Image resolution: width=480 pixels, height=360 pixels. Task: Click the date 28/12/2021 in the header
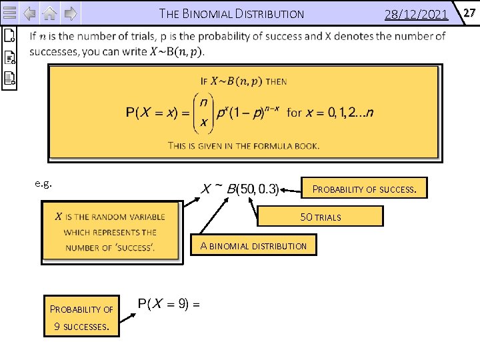[x=416, y=14]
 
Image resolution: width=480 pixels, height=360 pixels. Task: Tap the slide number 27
[x=469, y=12]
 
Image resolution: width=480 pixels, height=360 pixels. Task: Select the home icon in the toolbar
[x=51, y=13]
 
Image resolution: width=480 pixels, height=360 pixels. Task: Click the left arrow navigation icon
[x=29, y=13]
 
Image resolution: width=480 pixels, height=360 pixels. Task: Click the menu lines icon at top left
[x=9, y=13]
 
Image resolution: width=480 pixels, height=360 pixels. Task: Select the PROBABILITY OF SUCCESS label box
[x=364, y=189]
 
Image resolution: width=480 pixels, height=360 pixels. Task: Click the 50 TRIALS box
[x=320, y=217]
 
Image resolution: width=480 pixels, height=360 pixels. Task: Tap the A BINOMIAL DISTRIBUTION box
[x=253, y=246]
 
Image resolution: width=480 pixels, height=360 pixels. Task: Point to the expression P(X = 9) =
[x=168, y=303]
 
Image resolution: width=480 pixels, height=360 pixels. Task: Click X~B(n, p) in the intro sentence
[x=177, y=51]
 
